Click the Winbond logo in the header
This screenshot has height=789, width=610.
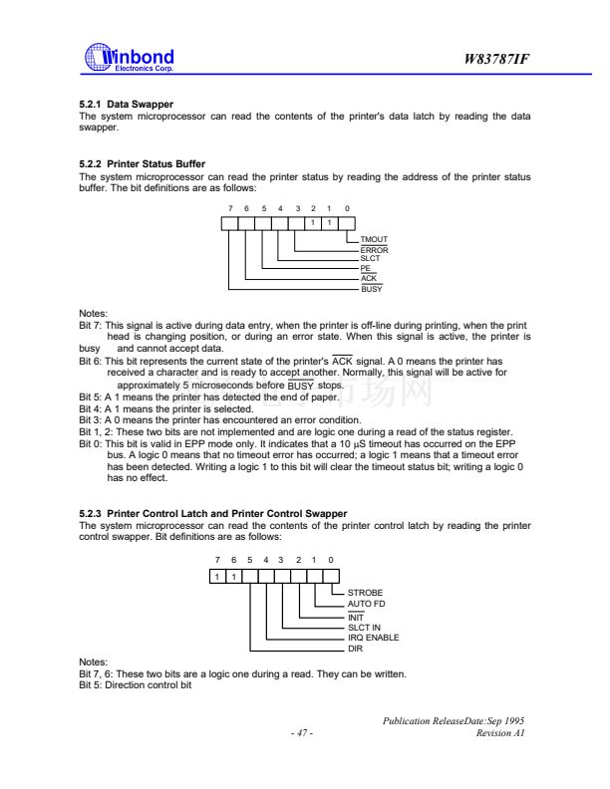point(130,58)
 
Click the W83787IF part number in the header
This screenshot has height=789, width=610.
point(496,60)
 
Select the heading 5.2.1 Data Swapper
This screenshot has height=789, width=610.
point(126,105)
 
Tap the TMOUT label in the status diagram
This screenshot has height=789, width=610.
point(373,240)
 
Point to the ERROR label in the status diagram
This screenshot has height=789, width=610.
point(374,250)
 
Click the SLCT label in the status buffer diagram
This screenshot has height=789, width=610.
point(371,259)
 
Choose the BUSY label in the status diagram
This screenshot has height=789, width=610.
point(371,288)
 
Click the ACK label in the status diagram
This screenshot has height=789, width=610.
point(368,278)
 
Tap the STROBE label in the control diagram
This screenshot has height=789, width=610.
point(365,593)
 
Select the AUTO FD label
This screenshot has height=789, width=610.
point(366,604)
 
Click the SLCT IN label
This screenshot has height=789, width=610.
point(364,627)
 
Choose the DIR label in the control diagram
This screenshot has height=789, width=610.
point(355,649)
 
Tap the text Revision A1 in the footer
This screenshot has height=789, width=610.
point(501,733)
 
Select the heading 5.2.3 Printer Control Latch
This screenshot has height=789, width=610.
point(212,513)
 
